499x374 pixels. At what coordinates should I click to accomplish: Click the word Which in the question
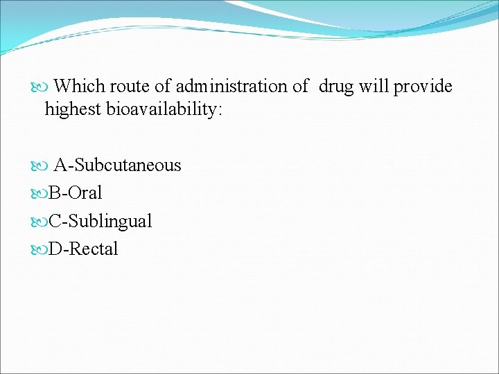78,87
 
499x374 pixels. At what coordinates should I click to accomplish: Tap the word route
130,87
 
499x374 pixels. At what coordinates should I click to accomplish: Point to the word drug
336,87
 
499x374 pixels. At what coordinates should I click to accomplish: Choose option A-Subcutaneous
118,165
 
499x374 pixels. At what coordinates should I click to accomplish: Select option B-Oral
75,193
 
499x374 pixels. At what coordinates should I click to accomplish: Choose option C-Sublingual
100,221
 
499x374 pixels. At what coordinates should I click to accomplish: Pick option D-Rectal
83,249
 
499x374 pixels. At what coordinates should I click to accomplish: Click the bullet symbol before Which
40,87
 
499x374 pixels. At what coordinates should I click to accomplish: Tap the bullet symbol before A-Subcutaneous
40,166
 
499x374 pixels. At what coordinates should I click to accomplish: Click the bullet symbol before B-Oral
40,193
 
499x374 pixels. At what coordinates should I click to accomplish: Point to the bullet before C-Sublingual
40,222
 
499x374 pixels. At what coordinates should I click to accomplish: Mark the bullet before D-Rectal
40,249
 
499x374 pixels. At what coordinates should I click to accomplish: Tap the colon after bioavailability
220,110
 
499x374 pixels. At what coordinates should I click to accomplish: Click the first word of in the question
162,87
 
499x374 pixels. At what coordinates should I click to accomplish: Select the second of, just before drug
301,87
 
